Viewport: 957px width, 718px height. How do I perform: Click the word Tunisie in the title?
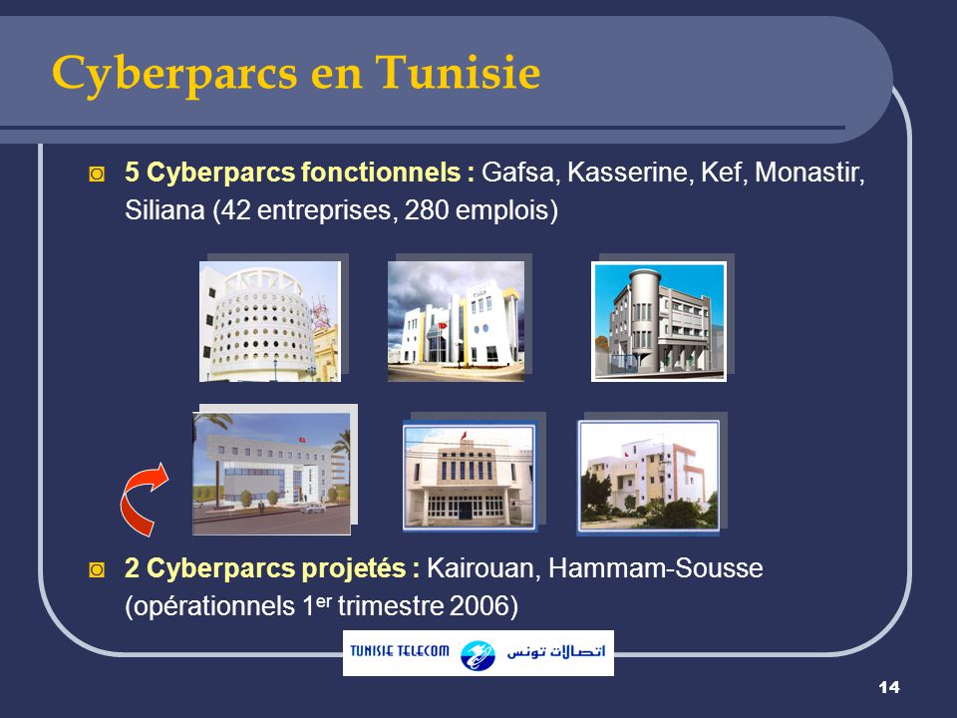(x=460, y=72)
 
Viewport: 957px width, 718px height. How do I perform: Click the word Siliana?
(x=159, y=211)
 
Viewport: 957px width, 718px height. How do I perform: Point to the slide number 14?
(x=890, y=687)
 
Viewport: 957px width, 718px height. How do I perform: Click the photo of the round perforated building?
(x=269, y=321)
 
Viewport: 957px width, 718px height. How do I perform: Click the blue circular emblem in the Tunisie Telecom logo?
(x=478, y=654)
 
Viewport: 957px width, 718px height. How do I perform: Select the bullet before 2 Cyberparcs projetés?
(x=96, y=569)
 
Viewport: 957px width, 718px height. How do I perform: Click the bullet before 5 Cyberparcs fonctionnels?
(x=96, y=174)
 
